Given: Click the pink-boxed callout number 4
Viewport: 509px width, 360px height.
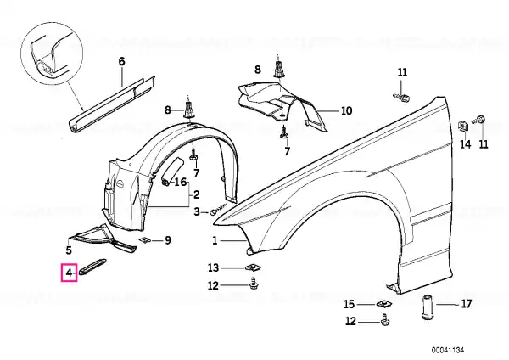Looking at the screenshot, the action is [x=69, y=273].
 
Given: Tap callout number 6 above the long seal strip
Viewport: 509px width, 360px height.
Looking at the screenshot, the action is [x=121, y=61].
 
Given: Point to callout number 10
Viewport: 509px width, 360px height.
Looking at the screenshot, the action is [x=347, y=110].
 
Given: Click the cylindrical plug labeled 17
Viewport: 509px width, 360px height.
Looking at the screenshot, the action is [x=428, y=307].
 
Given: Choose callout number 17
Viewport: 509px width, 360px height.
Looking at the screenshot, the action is [x=466, y=304].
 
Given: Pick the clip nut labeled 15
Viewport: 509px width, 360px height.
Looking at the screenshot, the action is [x=384, y=305].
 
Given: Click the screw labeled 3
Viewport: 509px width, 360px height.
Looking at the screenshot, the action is [x=220, y=208].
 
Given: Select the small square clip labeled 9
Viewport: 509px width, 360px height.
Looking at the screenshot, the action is [x=144, y=240].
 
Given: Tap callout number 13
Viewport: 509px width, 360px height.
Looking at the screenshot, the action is [x=213, y=268].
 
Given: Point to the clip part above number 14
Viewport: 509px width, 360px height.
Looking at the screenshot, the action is [x=462, y=126].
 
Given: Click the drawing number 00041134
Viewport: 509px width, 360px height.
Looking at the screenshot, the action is [x=448, y=350].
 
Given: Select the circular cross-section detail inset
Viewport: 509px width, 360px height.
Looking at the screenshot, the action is [x=52, y=53].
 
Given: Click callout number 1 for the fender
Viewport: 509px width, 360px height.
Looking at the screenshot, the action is [x=215, y=241].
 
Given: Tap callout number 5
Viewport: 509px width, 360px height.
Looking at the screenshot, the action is [x=69, y=250].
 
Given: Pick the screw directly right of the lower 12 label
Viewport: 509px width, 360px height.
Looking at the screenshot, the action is [x=384, y=319].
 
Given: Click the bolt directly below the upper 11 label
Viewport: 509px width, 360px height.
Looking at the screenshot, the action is [x=401, y=97].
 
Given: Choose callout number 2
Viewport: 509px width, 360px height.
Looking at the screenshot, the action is [x=196, y=194].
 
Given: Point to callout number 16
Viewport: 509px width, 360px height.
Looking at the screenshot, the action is [x=181, y=182].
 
